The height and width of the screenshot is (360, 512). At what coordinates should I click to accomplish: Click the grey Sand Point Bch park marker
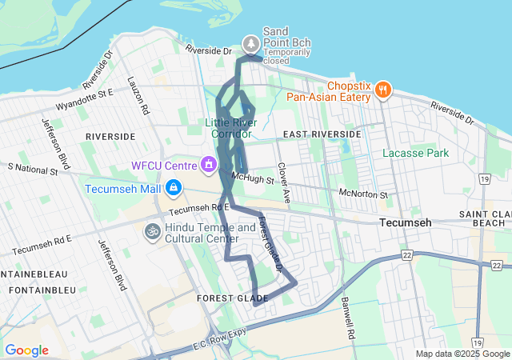(x=251, y=42)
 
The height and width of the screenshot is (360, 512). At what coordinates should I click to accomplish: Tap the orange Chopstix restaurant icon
(x=383, y=90)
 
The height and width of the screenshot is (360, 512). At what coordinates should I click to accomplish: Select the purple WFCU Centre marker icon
(x=209, y=166)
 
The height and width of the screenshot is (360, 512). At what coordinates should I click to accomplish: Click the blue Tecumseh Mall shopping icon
(x=173, y=189)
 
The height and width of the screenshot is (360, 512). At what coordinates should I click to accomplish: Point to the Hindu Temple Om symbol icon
(x=151, y=231)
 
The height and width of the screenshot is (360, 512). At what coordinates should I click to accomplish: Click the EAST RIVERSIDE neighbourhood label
(x=322, y=134)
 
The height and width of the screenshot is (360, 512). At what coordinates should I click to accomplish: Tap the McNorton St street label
(x=363, y=194)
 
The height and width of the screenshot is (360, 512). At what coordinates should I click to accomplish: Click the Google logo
(x=26, y=350)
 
